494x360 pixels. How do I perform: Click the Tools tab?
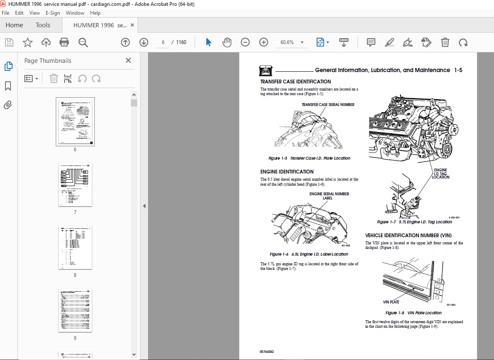click(43, 25)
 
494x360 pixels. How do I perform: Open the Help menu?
click(95, 13)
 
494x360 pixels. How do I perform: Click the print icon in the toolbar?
click(64, 42)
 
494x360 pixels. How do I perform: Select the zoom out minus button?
click(245, 42)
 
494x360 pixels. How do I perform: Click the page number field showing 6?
click(163, 42)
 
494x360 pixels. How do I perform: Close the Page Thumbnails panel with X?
click(128, 60)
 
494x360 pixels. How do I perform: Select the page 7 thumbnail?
click(75, 185)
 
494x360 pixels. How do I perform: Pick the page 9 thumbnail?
click(75, 311)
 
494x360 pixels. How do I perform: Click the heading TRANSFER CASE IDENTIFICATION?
click(295, 82)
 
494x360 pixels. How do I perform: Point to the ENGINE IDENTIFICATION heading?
click(287, 172)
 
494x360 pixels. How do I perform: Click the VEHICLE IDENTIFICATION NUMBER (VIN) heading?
click(408, 236)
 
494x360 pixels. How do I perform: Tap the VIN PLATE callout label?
click(391, 302)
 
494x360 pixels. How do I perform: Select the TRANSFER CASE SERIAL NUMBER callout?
click(328, 105)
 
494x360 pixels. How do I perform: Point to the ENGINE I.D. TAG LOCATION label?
click(440, 174)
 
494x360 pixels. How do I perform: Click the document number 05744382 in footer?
click(267, 352)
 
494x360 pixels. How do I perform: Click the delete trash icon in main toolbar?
click(445, 42)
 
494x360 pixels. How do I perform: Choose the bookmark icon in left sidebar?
click(8, 86)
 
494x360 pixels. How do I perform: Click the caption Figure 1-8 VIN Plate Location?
click(413, 313)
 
